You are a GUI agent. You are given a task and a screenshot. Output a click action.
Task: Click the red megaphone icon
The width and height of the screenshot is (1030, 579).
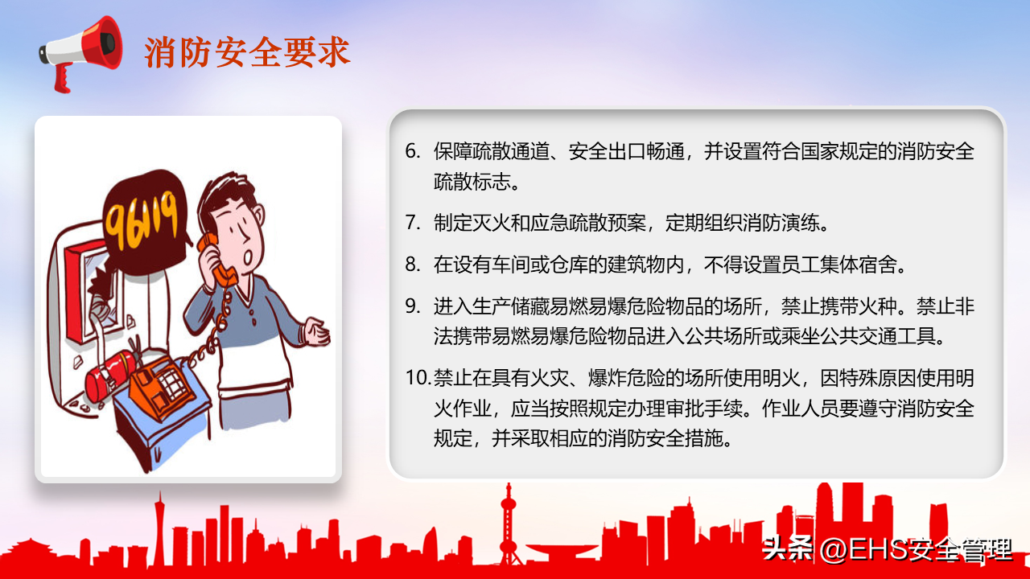click(x=81, y=53)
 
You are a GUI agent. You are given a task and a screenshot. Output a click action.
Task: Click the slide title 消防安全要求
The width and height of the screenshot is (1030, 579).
click(x=247, y=52)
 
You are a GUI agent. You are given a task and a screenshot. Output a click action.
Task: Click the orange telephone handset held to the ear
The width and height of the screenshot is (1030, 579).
click(x=217, y=260)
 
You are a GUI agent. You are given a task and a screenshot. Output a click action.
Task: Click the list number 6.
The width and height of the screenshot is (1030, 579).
click(x=413, y=151)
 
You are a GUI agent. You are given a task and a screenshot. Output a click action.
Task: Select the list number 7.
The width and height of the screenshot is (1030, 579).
click(x=413, y=223)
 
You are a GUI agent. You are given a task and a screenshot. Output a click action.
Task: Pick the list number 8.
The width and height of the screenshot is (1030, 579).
click(x=413, y=265)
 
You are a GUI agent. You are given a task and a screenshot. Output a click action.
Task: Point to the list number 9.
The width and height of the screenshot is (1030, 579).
click(x=413, y=306)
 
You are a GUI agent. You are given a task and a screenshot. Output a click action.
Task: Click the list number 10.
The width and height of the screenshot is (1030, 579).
click(x=418, y=378)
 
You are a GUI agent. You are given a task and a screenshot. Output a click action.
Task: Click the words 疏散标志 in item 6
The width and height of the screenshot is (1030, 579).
click(x=472, y=182)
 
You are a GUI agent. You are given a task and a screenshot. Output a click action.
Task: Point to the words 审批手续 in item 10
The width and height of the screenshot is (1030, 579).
click(x=703, y=408)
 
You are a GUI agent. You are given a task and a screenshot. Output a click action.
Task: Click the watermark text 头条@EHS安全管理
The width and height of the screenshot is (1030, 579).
click(x=888, y=549)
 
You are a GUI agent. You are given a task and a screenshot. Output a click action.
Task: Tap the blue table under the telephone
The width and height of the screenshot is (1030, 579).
click(x=161, y=423)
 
